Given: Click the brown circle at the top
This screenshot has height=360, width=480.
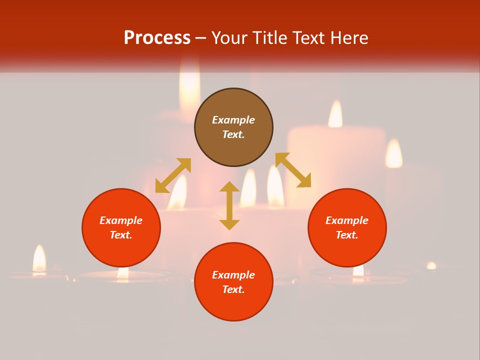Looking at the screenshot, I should click(x=233, y=127).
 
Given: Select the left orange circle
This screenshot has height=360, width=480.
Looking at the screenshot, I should click(x=121, y=228).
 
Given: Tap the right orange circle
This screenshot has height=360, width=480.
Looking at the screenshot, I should click(x=347, y=228).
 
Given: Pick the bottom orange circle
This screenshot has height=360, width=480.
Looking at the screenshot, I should click(x=233, y=282).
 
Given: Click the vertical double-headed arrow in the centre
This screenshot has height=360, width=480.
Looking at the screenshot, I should click(x=229, y=205).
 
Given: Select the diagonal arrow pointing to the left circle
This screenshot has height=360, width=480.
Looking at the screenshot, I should click(x=173, y=175).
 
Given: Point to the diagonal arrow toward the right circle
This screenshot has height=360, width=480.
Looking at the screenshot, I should click(x=293, y=170).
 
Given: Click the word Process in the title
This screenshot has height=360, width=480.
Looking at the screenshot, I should click(x=157, y=38).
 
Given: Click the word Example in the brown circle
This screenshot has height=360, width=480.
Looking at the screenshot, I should click(x=233, y=120).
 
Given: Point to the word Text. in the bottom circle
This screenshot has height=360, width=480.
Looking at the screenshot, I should click(x=233, y=289).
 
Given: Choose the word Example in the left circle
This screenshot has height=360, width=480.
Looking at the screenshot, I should click(x=121, y=220).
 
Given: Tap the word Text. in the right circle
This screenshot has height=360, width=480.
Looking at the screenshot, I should click(x=347, y=235).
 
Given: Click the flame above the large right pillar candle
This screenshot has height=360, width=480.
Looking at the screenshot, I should click(x=335, y=114).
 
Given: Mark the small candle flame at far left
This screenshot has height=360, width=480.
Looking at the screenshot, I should click(x=39, y=258).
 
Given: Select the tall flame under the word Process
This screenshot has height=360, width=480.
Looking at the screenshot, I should click(x=189, y=85).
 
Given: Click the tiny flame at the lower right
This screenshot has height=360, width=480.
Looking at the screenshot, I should click(x=431, y=265).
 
